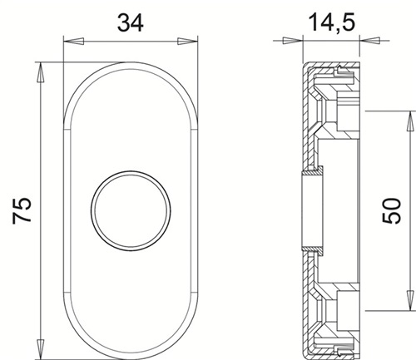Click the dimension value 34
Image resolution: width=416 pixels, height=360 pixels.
pyautogui.click(x=131, y=22)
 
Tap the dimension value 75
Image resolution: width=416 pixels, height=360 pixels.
pyautogui.click(x=22, y=210)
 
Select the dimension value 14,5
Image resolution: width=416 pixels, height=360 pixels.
pyautogui.click(x=331, y=22)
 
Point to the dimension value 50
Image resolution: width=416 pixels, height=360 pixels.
pyautogui.click(x=391, y=210)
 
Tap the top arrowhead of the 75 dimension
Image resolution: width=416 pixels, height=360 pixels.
pyautogui.click(x=41, y=72)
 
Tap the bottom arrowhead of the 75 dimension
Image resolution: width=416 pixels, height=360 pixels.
pyautogui.click(x=41, y=349)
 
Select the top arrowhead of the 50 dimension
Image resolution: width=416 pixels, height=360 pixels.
pyautogui.click(x=409, y=121)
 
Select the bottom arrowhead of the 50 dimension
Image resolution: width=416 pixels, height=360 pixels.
pyautogui.click(x=409, y=300)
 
